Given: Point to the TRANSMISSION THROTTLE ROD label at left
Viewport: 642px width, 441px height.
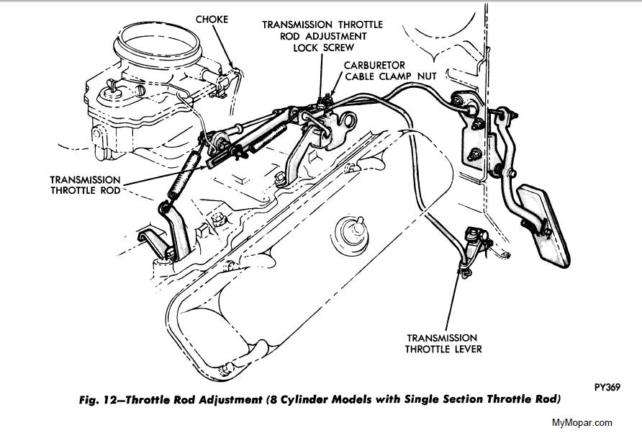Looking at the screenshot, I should tap(86, 185).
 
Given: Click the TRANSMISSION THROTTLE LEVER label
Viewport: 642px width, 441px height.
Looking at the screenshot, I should tap(442, 343).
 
